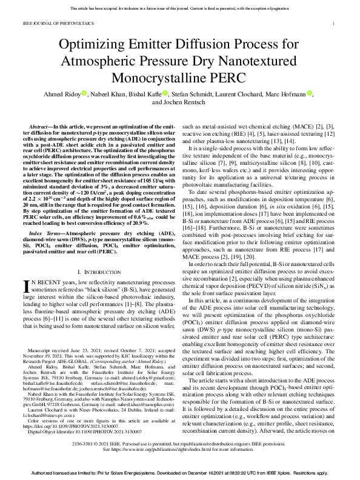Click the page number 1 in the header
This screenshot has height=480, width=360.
click(x=334, y=24)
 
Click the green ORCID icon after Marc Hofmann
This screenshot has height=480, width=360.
click(x=310, y=94)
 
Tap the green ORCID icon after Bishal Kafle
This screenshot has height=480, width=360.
click(x=165, y=94)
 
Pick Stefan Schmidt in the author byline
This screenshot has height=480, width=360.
click(x=192, y=94)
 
